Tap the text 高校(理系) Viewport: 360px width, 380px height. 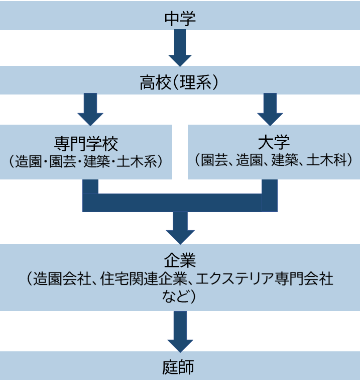[x=180, y=82]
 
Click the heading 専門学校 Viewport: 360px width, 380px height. [x=86, y=144]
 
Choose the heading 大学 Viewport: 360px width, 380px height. [x=274, y=143]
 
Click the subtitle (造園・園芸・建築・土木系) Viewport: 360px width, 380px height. [x=86, y=162]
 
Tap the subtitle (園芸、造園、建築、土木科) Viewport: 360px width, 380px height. [x=274, y=161]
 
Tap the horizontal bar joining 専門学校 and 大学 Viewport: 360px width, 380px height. [x=179, y=202]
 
